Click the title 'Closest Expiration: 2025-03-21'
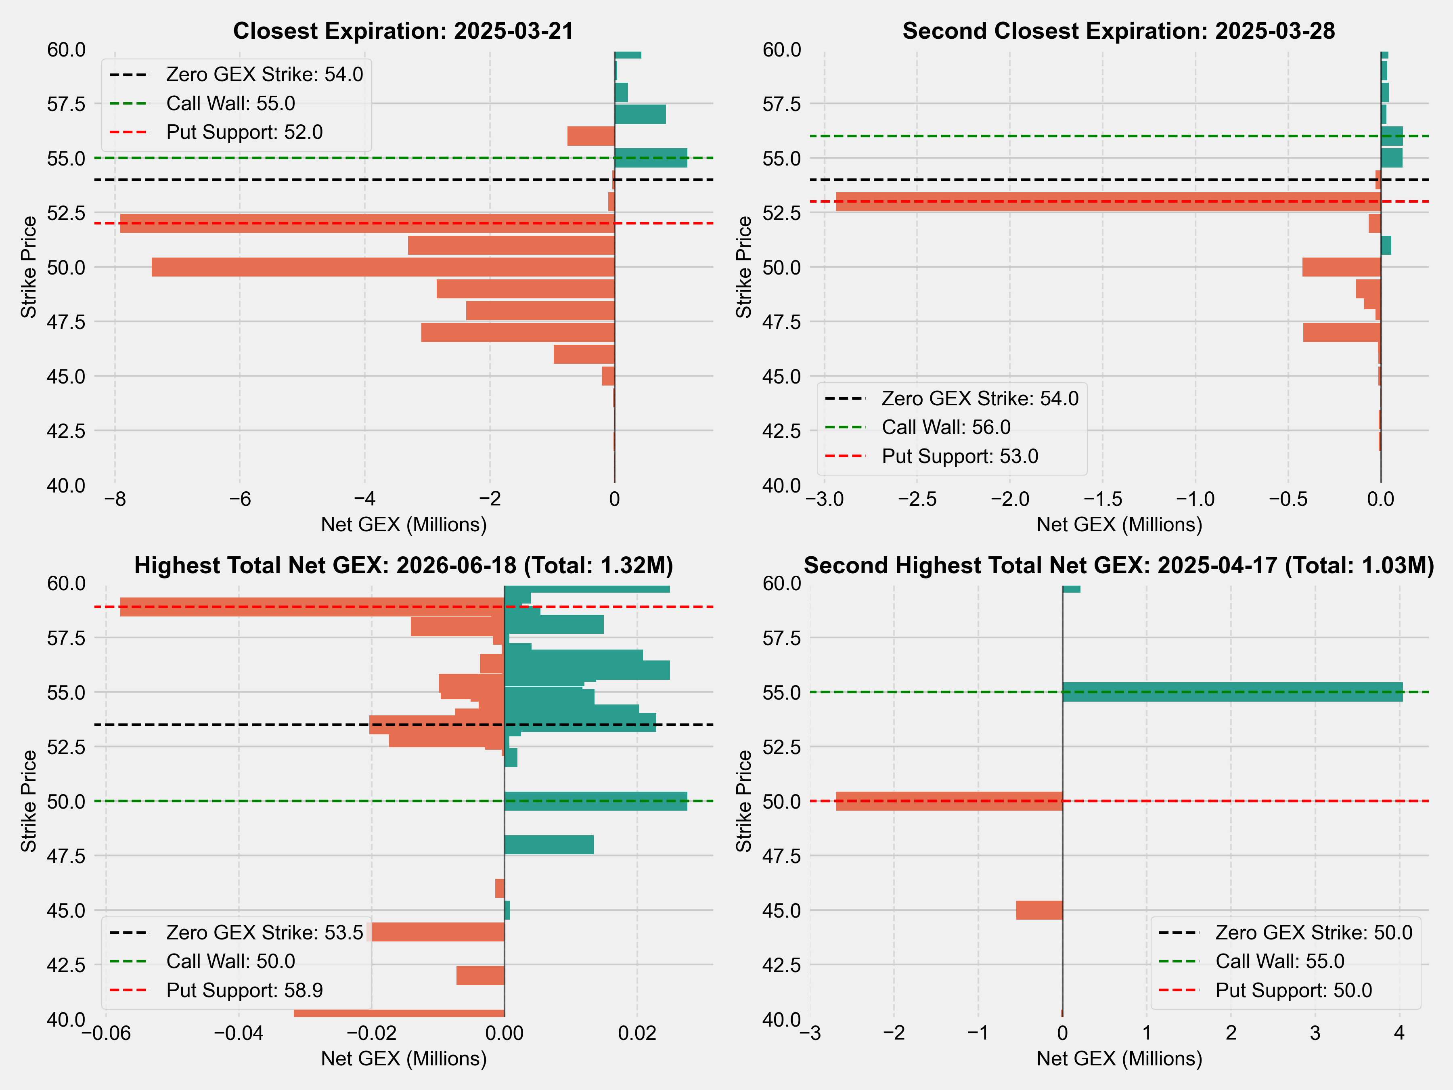click(x=403, y=31)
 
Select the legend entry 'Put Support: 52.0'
click(x=244, y=132)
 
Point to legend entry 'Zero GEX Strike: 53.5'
click(x=264, y=932)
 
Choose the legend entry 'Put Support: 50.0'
click(x=1293, y=990)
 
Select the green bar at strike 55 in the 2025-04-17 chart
click(x=1232, y=692)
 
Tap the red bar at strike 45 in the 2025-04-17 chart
click(x=1039, y=910)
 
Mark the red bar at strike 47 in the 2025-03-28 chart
click(x=1341, y=333)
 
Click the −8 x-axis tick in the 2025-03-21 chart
click(x=115, y=499)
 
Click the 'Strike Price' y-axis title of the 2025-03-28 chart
click(x=743, y=267)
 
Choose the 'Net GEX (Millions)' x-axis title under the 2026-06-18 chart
click(x=403, y=1059)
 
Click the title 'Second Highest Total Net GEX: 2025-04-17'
click(x=1119, y=566)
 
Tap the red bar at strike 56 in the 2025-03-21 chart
click(x=590, y=136)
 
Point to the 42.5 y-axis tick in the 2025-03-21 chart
click(x=66, y=431)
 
